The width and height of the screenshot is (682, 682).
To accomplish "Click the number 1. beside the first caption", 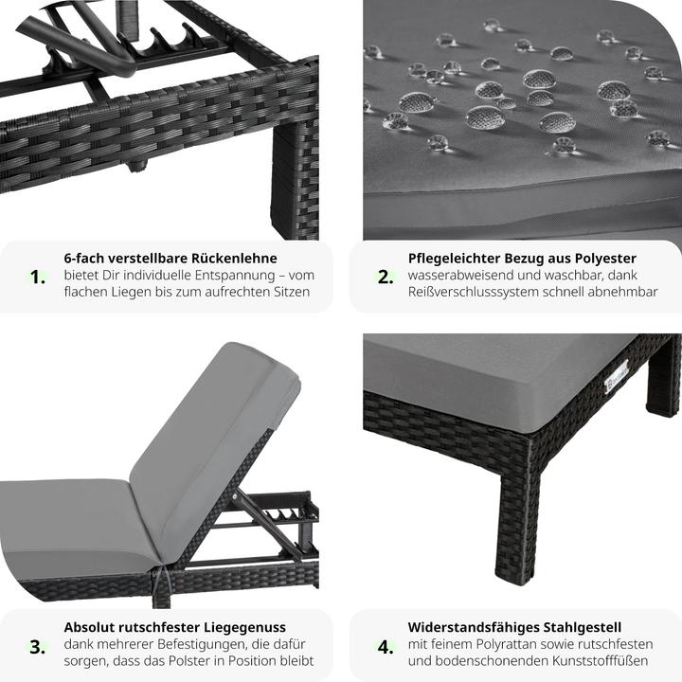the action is click(x=38, y=277).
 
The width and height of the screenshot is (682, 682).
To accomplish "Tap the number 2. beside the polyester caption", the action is click(x=386, y=277).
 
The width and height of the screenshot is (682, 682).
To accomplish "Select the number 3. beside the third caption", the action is click(x=38, y=647).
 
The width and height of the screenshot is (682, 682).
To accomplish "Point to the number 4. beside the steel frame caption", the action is click(x=386, y=647).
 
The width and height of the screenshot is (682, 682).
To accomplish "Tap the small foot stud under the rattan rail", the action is click(x=137, y=165).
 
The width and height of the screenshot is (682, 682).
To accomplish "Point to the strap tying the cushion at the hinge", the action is click(x=165, y=582).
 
